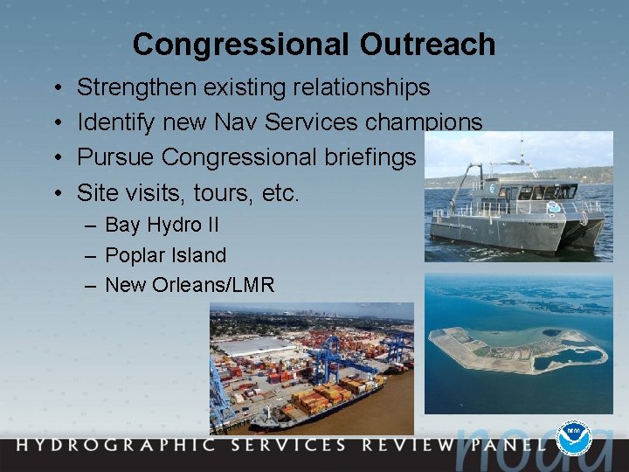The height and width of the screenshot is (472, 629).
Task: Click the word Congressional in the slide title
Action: pos(248,45)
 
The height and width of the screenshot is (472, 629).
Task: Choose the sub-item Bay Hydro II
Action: pos(162,225)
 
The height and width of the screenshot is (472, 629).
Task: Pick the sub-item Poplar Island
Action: pos(165,255)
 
